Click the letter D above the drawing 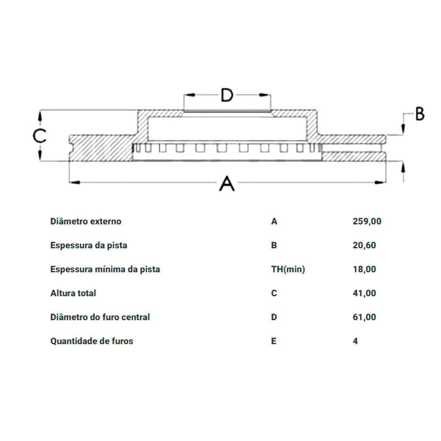227,95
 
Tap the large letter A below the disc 227,183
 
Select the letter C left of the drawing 39,136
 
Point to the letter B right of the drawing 420,114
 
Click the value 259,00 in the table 367,221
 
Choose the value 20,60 364,245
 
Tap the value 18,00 364,269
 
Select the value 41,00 364,293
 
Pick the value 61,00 364,317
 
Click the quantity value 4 355,341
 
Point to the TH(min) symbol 288,269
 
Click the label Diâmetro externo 86,221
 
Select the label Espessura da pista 89,245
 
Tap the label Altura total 73,293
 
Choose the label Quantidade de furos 92,341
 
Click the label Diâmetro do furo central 100,317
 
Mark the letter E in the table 274,341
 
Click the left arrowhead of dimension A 75,183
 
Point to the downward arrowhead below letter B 403,129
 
